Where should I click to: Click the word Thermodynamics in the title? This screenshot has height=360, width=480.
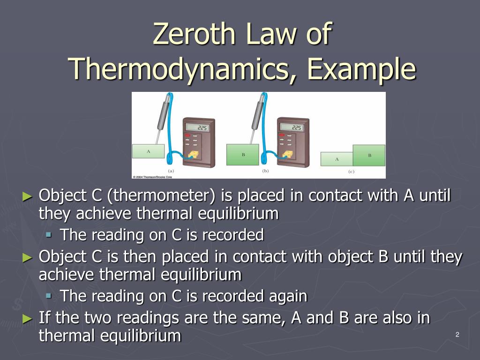tap(178, 69)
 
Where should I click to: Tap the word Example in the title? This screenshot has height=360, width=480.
tap(361, 69)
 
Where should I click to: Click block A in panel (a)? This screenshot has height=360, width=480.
tap(148, 151)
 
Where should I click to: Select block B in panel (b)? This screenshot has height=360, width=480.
tap(243, 155)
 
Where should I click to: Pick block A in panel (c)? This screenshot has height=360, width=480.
tap(337, 159)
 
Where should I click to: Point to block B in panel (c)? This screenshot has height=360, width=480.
tap(369, 155)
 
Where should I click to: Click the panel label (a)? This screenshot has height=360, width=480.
tap(171, 171)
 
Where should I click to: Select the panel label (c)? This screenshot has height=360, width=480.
tap(351, 171)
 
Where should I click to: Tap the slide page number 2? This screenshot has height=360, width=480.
tap(457, 334)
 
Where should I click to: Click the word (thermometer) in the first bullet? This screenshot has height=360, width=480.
tap(161, 195)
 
